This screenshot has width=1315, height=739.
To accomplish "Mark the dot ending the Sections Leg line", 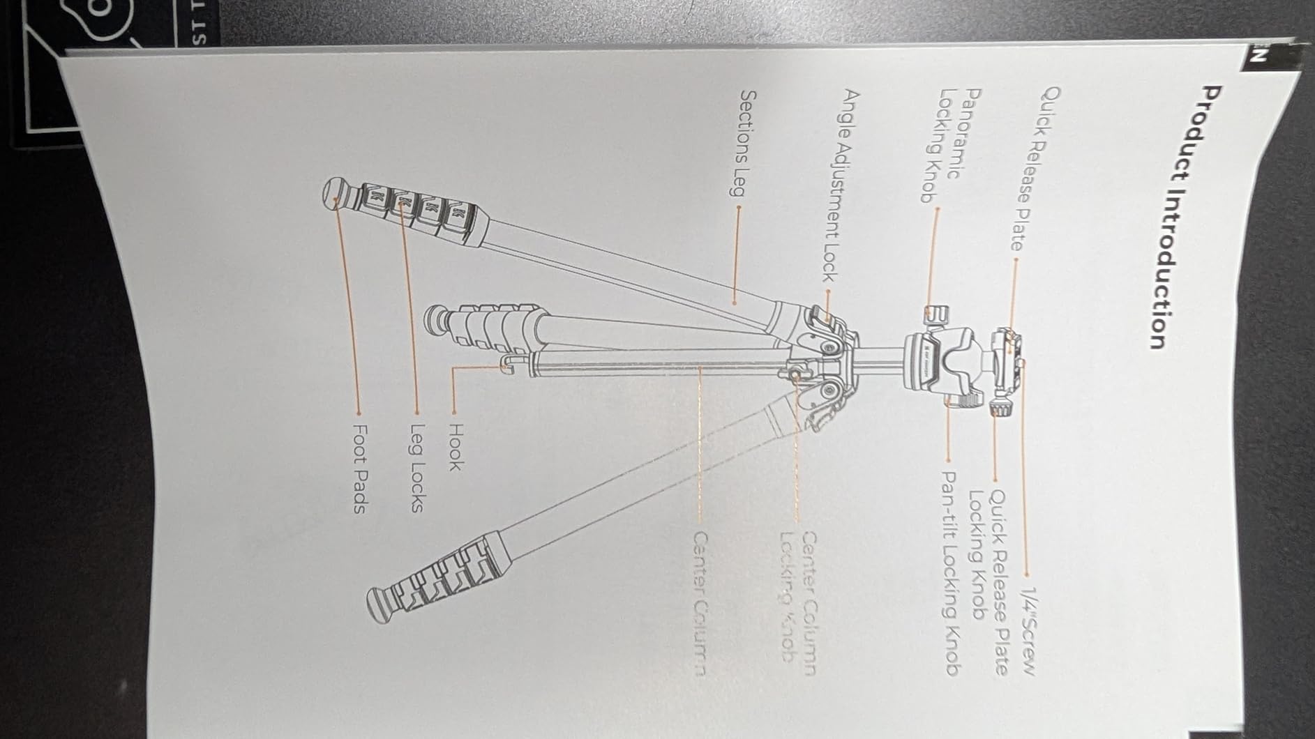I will pyautogui.click(x=735, y=303).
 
